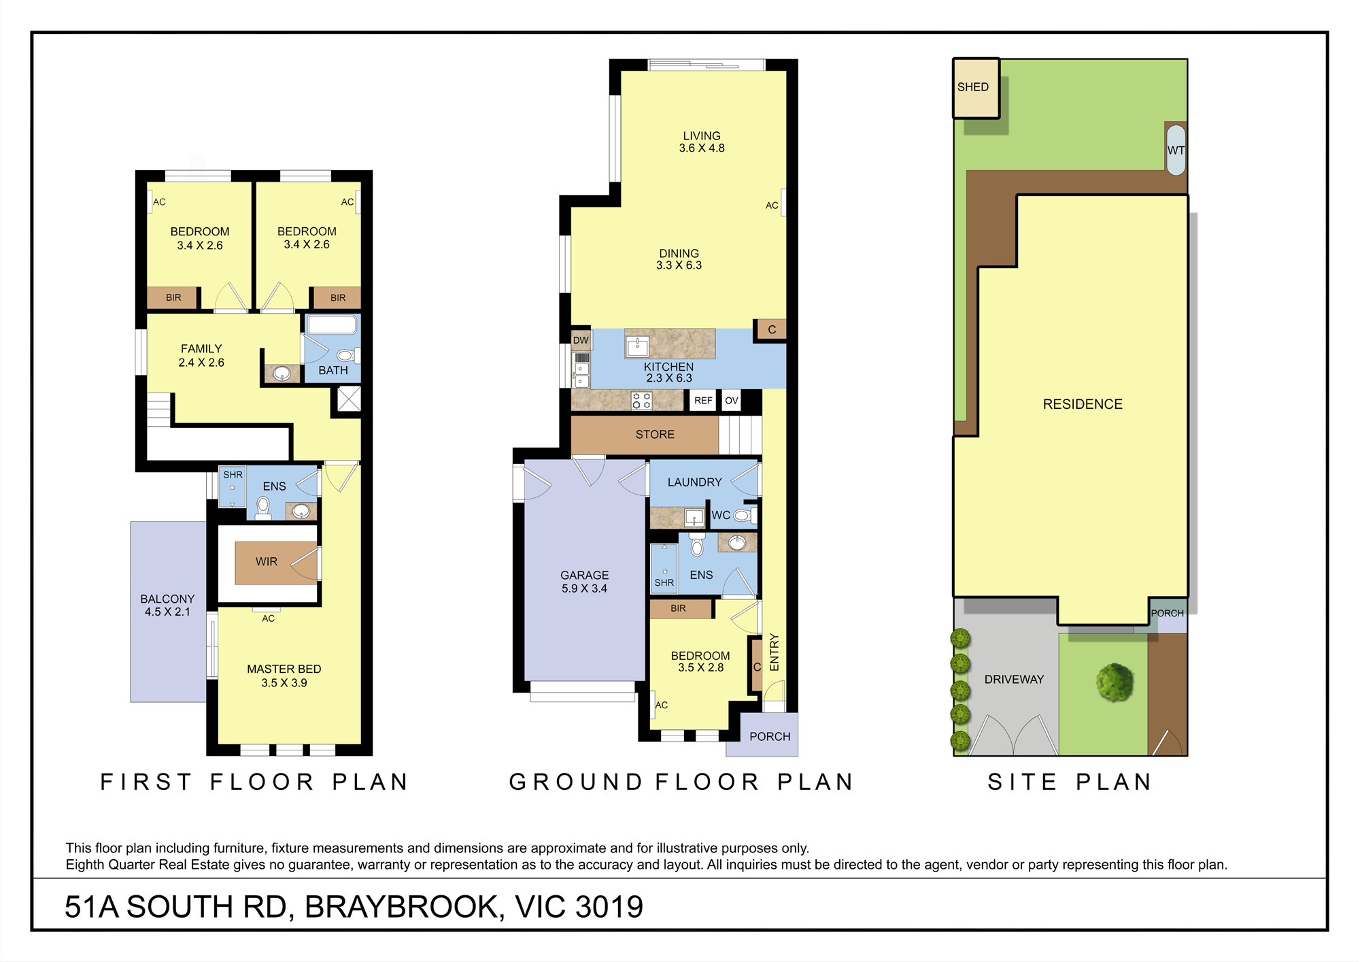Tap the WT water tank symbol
[1176, 150]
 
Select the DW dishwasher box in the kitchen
[581, 340]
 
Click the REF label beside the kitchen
[703, 401]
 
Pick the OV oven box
[732, 401]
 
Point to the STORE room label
[655, 434]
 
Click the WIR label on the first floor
[267, 561]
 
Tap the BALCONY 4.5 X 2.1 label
[167, 606]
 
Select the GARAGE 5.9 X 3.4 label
[585, 582]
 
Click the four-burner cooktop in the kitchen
[641, 400]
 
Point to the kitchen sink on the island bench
[637, 346]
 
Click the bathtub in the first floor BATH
[332, 325]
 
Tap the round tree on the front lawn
[1115, 682]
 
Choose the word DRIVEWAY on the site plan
[1014, 680]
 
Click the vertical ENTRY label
[775, 652]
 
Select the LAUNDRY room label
[694, 482]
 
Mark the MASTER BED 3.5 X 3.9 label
[284, 676]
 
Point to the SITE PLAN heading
[1070, 782]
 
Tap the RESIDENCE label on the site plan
[1083, 404]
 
